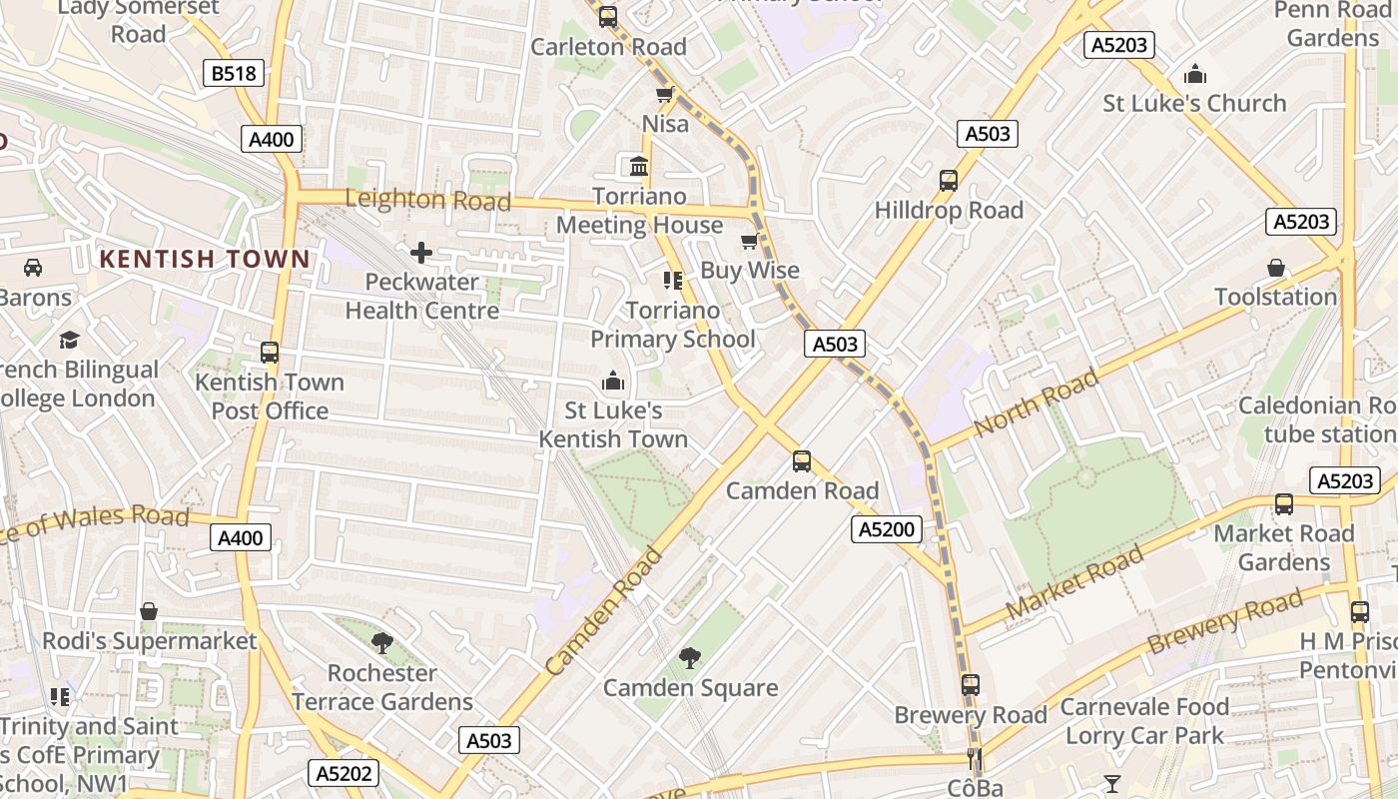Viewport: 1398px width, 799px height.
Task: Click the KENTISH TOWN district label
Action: pyautogui.click(x=205, y=259)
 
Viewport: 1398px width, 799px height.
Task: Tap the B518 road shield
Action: pyautogui.click(x=234, y=73)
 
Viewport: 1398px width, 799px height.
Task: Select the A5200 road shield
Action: pyautogui.click(x=887, y=529)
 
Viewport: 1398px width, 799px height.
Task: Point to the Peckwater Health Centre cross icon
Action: pyautogui.click(x=421, y=253)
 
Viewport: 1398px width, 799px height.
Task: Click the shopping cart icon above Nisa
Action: pyautogui.click(x=664, y=95)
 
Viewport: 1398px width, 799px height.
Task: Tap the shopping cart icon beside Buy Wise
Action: pyautogui.click(x=750, y=241)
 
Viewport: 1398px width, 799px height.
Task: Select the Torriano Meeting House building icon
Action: pyautogui.click(x=639, y=166)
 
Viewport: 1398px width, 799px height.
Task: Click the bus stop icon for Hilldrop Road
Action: pyautogui.click(x=948, y=181)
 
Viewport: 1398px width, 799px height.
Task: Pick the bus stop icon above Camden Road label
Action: pyautogui.click(x=801, y=461)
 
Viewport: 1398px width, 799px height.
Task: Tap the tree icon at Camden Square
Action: pyautogui.click(x=689, y=657)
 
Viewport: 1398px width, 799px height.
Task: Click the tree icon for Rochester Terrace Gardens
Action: pyautogui.click(x=381, y=642)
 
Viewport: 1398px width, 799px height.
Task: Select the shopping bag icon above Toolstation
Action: pyautogui.click(x=1275, y=268)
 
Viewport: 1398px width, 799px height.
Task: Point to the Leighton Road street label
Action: pyautogui.click(x=427, y=199)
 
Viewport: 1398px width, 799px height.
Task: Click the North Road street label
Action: pyautogui.click(x=1036, y=401)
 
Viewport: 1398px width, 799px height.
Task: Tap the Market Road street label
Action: pyautogui.click(x=1074, y=583)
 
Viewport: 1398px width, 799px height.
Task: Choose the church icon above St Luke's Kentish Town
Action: pyautogui.click(x=613, y=382)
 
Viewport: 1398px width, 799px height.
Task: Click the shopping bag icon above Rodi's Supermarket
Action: pyautogui.click(x=149, y=611)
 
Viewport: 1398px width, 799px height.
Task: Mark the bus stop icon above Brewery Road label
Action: pyautogui.click(x=971, y=685)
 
